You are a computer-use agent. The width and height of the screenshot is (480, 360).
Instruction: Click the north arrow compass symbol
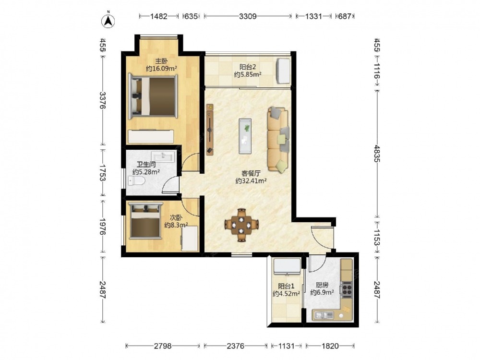point(108,20)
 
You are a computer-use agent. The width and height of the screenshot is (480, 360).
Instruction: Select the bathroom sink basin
point(164,156)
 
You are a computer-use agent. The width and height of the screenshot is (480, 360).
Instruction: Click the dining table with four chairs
point(242,225)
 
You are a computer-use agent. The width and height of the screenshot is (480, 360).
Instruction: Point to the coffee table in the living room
point(245,136)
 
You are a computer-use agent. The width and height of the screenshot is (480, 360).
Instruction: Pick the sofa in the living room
point(278,139)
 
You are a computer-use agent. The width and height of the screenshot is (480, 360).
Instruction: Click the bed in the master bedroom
point(153,96)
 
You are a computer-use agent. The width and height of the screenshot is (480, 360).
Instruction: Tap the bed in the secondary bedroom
point(145,220)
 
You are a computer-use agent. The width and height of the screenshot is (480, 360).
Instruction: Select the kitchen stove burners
point(347,289)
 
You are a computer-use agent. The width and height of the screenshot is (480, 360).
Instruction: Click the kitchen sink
point(323,315)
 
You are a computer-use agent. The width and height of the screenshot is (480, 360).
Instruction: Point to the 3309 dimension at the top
point(248,16)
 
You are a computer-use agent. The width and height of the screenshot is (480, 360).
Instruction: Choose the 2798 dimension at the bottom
point(163,346)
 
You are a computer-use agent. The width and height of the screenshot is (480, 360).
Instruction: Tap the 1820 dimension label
point(330,346)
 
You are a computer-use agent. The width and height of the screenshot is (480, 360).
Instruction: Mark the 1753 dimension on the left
point(103,173)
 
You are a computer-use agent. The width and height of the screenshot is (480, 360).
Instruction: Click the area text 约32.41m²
point(251,181)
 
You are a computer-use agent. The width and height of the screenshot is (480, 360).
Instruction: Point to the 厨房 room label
point(322,285)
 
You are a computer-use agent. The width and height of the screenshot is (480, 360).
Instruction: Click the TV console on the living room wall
point(210,130)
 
